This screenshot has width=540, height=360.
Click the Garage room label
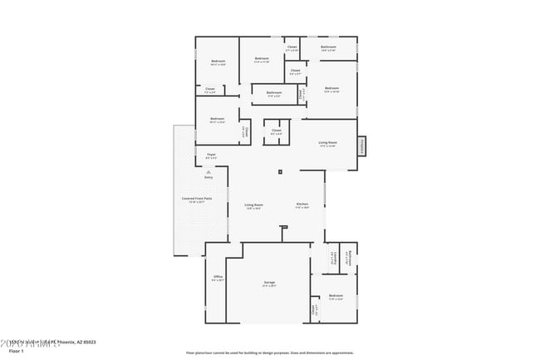point(269,284)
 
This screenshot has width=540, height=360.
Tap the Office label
point(218,278)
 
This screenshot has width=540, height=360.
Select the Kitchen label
point(302,205)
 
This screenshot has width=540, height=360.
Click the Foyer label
point(212,155)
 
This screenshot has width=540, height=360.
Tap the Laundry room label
point(332,259)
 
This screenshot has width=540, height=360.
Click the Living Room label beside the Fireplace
point(327,143)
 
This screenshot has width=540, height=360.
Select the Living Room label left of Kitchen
point(253,205)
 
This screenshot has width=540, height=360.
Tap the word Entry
point(209,177)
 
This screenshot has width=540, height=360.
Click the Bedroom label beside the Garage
point(336,297)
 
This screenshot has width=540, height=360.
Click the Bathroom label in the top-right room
point(328,48)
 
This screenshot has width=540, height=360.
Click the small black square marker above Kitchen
point(281,172)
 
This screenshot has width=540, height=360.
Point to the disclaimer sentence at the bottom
point(269,353)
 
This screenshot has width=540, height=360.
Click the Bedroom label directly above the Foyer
point(217,120)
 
